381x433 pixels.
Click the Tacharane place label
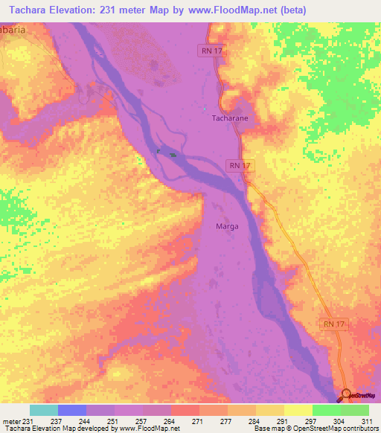224,118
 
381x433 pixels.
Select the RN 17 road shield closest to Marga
237,165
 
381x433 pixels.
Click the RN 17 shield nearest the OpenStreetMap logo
333,324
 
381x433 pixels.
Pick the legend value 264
171,421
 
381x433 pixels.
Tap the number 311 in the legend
368,421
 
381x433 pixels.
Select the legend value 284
256,421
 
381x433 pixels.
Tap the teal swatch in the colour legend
44,410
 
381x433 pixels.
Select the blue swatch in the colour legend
72,410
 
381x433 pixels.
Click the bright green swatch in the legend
327,410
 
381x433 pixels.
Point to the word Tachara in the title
23,10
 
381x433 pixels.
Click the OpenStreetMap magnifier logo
348,394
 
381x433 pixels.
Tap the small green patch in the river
173,155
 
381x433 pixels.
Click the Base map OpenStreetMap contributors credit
313,429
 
